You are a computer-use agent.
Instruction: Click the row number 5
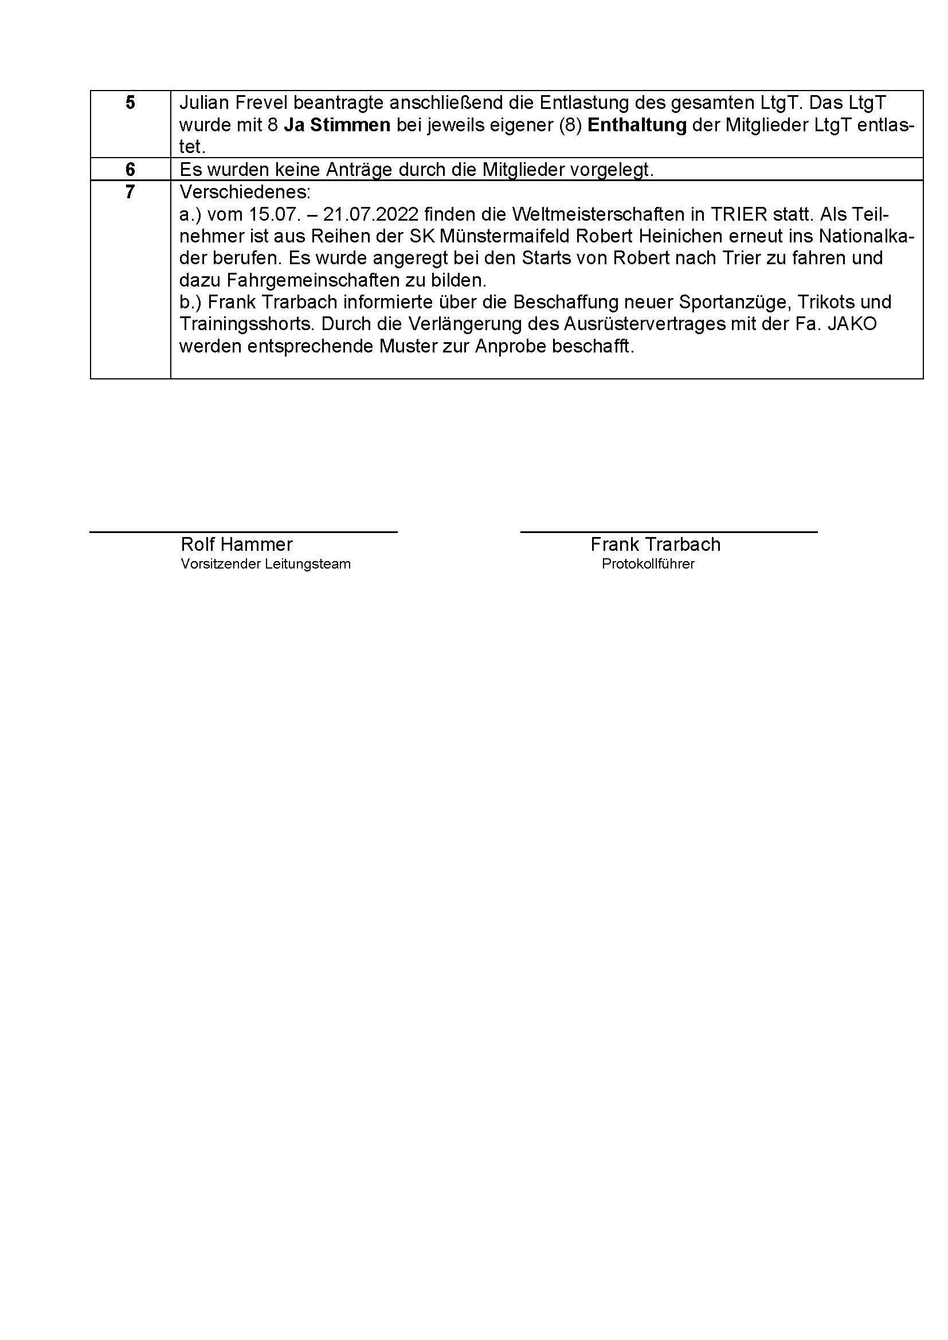tap(130, 103)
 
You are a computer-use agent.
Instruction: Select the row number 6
tap(130, 169)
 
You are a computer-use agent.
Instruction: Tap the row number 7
tap(130, 191)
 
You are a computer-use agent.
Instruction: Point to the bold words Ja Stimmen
tap(337, 125)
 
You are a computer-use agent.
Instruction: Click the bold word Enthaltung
tap(636, 125)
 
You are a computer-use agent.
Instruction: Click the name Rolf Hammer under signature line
tap(236, 544)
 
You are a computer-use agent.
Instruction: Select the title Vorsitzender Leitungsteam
tap(265, 565)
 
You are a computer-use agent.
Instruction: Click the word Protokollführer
tap(648, 565)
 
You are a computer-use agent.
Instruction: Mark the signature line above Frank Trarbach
tap(668, 532)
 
